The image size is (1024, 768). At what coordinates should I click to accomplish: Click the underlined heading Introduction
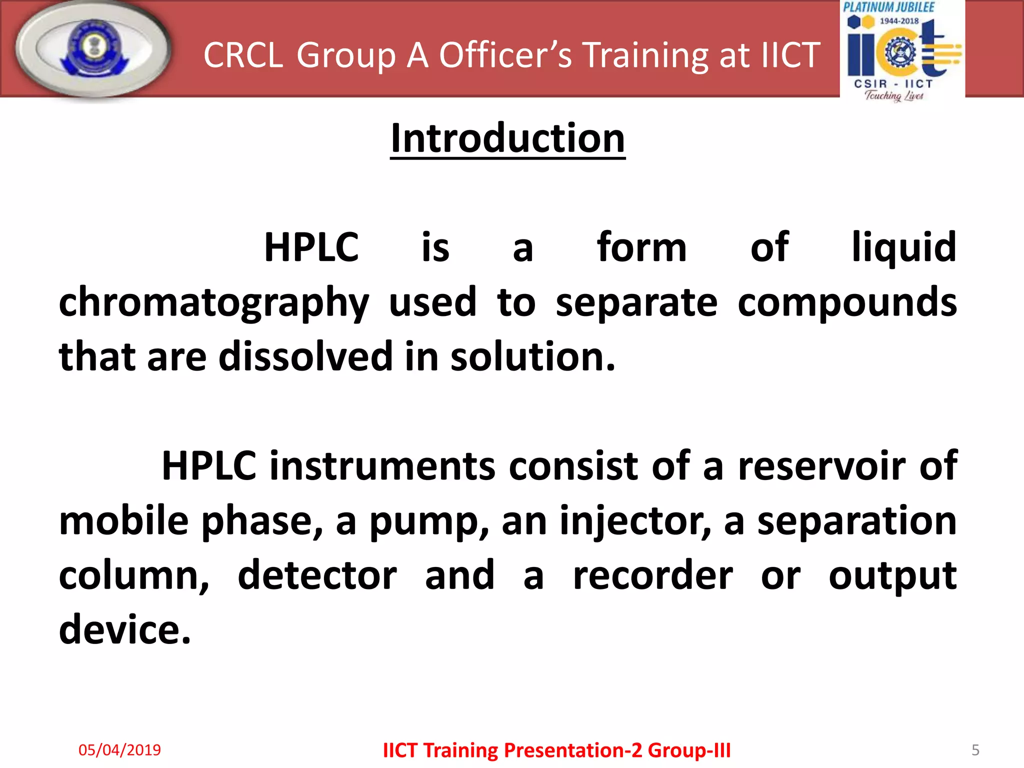tap(507, 138)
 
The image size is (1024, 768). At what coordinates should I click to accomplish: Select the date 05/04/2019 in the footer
tap(119, 749)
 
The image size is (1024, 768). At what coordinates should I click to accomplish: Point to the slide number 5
tap(975, 749)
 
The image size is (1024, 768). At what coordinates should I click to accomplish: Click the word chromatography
tap(213, 303)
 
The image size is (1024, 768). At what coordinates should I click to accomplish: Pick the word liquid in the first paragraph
tap(903, 247)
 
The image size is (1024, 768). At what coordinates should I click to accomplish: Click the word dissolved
tap(305, 356)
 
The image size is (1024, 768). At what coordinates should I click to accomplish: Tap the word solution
tap(532, 356)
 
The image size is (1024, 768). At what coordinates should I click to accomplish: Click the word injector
tap(634, 521)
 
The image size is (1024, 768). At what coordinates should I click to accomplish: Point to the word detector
tap(317, 575)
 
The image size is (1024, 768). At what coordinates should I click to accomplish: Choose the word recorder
tap(652, 575)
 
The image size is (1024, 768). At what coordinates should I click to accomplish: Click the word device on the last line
tap(124, 630)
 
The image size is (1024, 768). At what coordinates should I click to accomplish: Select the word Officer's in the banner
tap(504, 54)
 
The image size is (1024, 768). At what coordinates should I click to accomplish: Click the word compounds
tap(846, 303)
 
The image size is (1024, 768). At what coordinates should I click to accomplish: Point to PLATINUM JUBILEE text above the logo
tap(888, 7)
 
